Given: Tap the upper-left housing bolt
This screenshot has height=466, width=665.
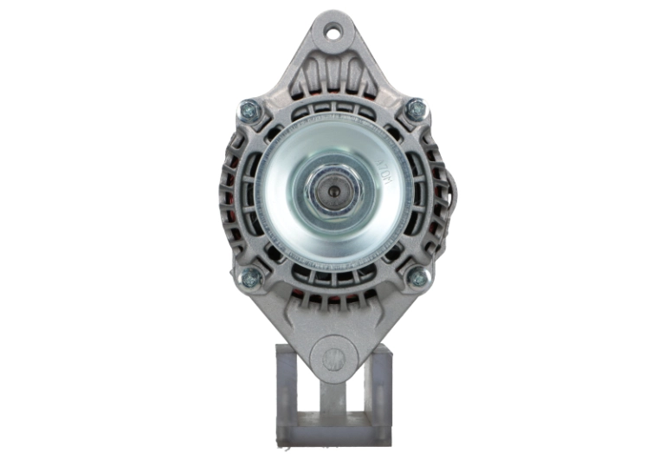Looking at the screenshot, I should (x=249, y=110).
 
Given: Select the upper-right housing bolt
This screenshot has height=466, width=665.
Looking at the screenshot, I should (x=416, y=110).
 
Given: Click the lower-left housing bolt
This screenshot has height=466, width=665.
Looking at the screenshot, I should (x=249, y=277).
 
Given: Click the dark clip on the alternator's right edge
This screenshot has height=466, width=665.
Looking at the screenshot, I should (x=449, y=186).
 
